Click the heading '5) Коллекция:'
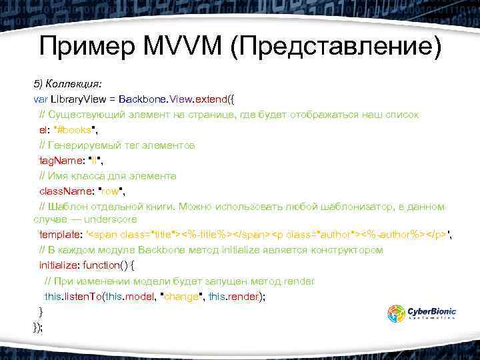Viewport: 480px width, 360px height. pos(67,84)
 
